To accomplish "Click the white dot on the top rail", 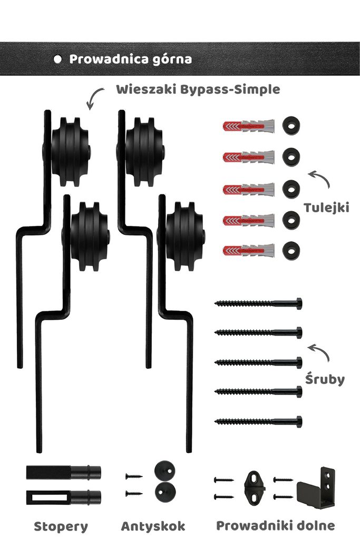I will [x=57, y=59].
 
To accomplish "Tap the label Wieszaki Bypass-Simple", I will [x=198, y=89].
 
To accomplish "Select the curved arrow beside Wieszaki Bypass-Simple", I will [x=94, y=98].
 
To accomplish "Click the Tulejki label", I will [x=326, y=208].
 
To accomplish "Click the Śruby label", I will [x=325, y=379].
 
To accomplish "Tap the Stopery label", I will [x=61, y=526].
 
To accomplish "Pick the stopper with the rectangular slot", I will [x=63, y=496].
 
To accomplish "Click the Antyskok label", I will [x=153, y=526].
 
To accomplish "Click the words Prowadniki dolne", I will [x=275, y=525].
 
